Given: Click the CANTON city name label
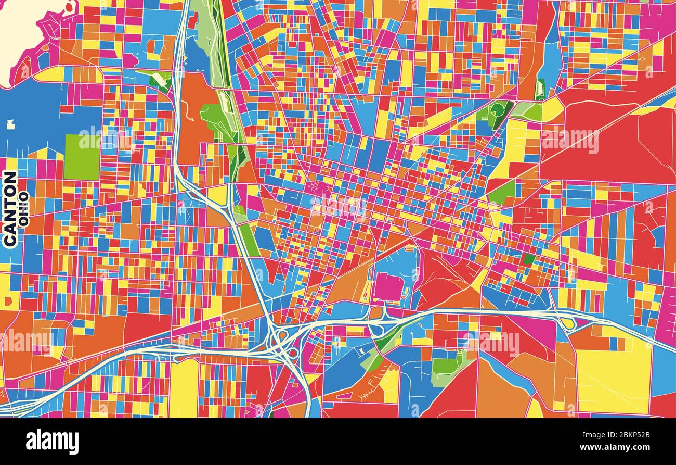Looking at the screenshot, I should point(10,209).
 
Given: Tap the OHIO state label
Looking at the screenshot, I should point(23,209).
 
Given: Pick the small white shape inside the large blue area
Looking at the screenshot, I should point(10,124).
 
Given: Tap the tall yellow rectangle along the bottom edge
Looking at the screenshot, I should point(183,388).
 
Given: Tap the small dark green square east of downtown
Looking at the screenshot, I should point(529,259).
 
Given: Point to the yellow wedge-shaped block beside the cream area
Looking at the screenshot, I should point(49,74).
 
